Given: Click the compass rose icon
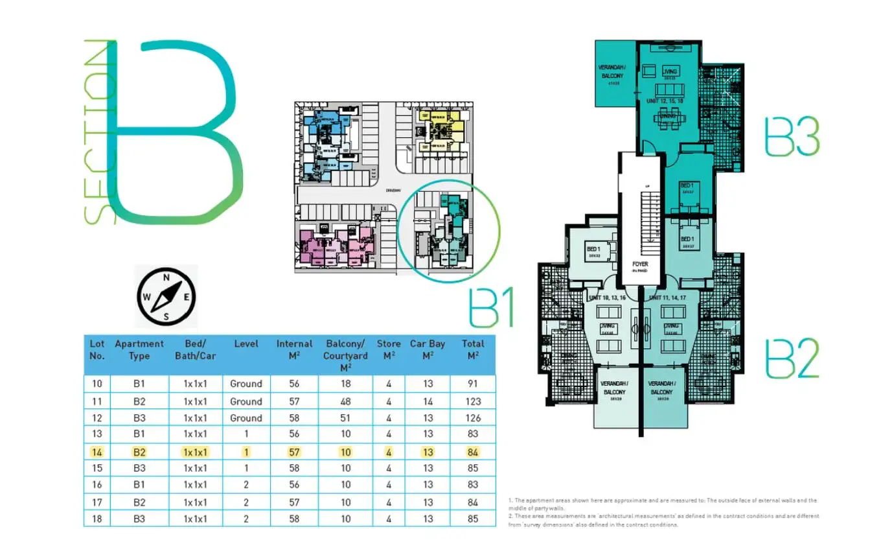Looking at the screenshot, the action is click(x=166, y=297).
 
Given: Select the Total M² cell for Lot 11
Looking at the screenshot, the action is click(x=473, y=401).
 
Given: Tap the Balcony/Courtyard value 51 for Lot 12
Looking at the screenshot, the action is click(x=345, y=418).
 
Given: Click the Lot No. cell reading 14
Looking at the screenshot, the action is click(x=97, y=451).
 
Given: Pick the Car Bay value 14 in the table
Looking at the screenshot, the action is click(x=428, y=401).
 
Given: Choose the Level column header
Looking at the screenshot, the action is click(x=246, y=344).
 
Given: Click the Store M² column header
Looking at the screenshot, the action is click(x=389, y=349).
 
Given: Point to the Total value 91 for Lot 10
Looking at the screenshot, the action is click(x=473, y=384).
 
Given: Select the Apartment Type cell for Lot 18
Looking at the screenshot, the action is click(x=139, y=519).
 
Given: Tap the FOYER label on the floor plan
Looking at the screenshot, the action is click(x=639, y=265).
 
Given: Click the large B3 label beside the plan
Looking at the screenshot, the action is click(x=792, y=136).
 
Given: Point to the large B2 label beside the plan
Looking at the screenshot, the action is click(x=792, y=357).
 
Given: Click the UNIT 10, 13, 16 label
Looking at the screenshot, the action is click(x=607, y=297).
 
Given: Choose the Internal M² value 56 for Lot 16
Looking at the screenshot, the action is click(x=294, y=484).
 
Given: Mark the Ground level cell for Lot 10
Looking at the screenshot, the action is click(x=246, y=384).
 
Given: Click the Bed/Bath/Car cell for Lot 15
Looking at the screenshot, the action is click(x=195, y=468).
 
